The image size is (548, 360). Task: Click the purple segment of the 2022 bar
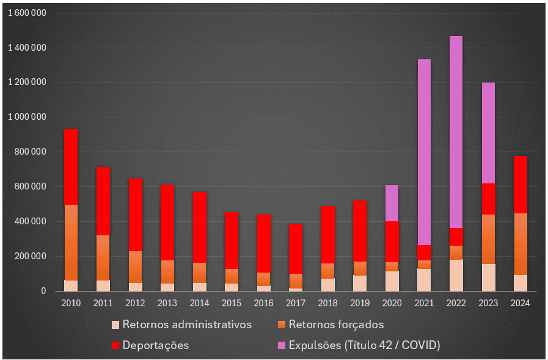pos(456,131)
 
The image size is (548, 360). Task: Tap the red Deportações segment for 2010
pos(71,166)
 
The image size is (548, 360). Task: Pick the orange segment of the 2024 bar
pos(521,244)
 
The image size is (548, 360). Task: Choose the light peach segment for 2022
pos(456,275)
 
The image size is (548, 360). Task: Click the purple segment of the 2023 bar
pos(488,133)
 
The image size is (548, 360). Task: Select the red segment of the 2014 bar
pos(199,227)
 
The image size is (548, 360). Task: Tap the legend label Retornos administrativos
pos(187,325)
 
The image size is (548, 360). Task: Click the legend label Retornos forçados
pos(336,325)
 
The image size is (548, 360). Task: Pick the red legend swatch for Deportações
pos(115,345)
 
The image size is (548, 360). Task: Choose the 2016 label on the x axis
pos(263,303)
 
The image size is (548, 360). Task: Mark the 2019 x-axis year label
pos(359,303)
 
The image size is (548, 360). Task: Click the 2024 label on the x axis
pos(521,303)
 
